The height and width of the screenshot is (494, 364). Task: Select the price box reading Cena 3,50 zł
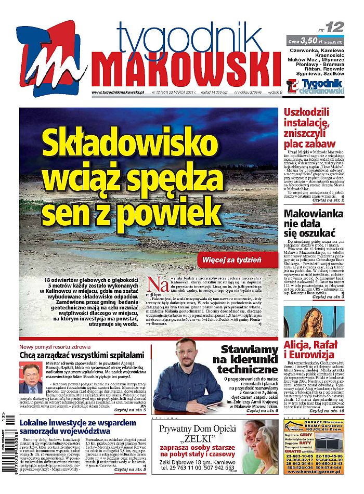point(315,40)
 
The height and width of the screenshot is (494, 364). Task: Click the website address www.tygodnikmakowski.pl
point(118,92)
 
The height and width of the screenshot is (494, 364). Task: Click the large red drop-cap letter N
point(154,284)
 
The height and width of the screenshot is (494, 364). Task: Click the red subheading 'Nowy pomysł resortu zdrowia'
point(55,346)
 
